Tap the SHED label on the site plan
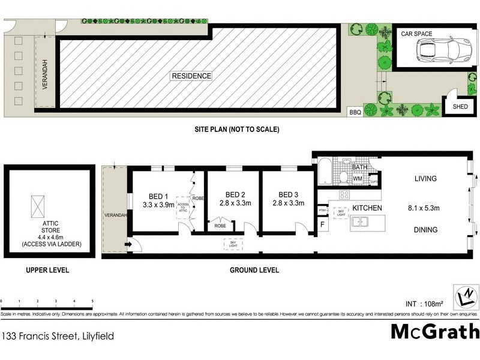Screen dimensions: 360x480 pos(460,107)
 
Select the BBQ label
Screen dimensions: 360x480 pos(356,112)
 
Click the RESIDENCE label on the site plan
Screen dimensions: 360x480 pos(192,76)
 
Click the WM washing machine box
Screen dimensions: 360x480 pos(358,178)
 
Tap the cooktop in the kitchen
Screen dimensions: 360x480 pos(344,194)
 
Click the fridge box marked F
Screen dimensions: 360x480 pos(322,224)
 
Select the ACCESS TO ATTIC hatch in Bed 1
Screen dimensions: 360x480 pos(182,209)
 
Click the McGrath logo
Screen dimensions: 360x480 pos(435,331)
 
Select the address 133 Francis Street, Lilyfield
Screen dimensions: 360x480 pos(58,337)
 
